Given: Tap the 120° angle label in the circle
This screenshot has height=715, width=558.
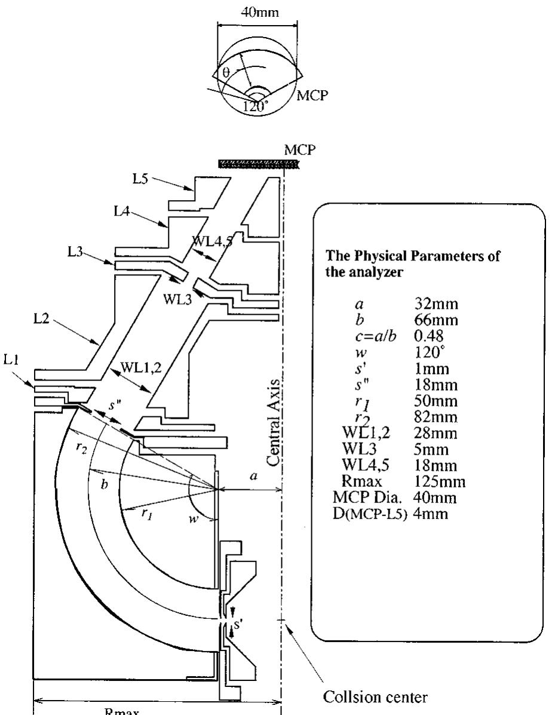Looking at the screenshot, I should coord(256,108).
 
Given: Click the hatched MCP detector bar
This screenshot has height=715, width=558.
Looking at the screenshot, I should coord(251,162).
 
